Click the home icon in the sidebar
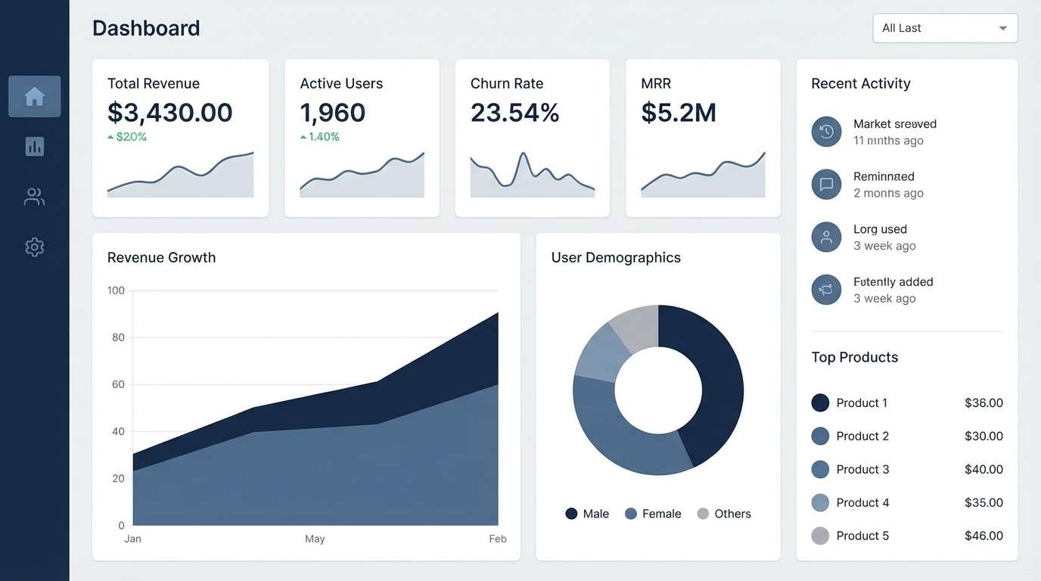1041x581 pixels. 35,97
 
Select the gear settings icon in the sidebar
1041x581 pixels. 35,247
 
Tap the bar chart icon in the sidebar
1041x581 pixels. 35,147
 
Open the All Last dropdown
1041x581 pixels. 945,29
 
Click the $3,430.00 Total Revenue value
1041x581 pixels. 170,113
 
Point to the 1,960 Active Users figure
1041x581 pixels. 333,113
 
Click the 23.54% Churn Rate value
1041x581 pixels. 515,113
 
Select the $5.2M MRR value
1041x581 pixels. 679,113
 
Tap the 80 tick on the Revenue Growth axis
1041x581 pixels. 118,337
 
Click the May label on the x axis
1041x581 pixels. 315,539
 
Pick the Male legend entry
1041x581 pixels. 588,514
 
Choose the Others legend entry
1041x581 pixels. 724,514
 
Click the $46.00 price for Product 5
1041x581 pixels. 984,536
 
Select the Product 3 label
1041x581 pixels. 862,469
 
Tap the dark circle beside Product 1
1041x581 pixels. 820,402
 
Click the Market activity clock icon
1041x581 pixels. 826,132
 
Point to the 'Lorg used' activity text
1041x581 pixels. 880,229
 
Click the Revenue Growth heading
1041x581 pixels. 161,257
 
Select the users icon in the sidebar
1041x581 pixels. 35,197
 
